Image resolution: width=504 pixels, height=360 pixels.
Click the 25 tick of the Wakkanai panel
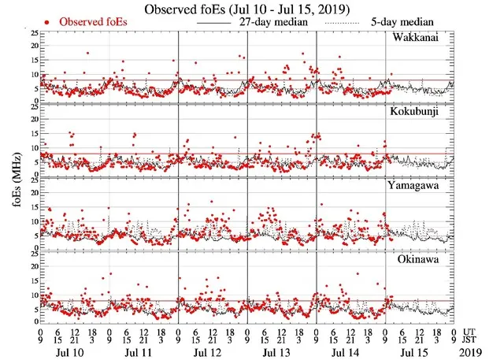point(31,34)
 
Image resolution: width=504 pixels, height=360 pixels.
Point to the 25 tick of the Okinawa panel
point(31,253)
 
